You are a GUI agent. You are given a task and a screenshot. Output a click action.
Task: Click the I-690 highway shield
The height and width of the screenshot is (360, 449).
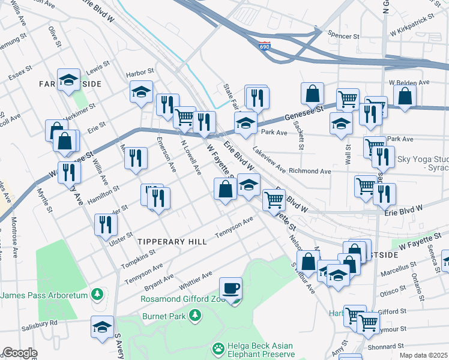pyautogui.click(x=265, y=46)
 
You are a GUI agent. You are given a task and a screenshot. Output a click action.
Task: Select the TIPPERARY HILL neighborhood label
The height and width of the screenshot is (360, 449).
pyautogui.click(x=172, y=241)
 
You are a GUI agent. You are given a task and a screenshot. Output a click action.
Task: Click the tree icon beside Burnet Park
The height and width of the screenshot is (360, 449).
pyautogui.click(x=194, y=315)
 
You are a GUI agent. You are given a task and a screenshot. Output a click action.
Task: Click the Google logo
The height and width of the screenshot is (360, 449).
pyautogui.click(x=20, y=353)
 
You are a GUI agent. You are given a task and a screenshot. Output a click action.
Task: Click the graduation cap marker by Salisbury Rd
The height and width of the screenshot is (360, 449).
pyautogui.click(x=102, y=327)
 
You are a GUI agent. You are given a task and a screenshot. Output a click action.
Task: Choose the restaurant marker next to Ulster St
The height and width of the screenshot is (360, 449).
pyautogui.click(x=106, y=225)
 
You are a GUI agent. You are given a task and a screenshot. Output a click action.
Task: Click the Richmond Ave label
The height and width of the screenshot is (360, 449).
pyautogui.click(x=310, y=171)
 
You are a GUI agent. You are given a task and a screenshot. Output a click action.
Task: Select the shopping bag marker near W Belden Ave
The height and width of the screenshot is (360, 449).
pyautogui.click(x=405, y=96)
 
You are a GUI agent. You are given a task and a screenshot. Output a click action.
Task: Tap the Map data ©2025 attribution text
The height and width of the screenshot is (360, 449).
pyautogui.click(x=423, y=355)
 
